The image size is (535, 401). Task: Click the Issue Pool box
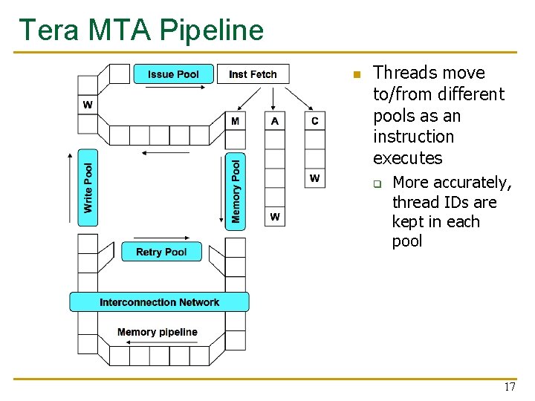point(173,74)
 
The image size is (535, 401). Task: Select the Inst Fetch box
point(253,74)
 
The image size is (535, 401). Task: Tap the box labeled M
point(236,121)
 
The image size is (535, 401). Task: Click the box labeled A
point(275,121)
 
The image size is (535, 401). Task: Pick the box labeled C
point(315,121)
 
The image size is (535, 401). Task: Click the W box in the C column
point(315,178)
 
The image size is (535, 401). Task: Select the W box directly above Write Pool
point(88,105)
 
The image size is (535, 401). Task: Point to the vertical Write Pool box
point(88,188)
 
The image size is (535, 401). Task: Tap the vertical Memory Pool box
point(236,192)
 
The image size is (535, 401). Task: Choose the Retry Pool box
point(161,252)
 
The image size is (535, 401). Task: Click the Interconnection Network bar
point(159,302)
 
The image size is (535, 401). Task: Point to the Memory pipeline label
point(158,332)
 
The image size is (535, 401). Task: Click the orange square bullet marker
point(356,74)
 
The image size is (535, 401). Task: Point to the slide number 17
point(509,387)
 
